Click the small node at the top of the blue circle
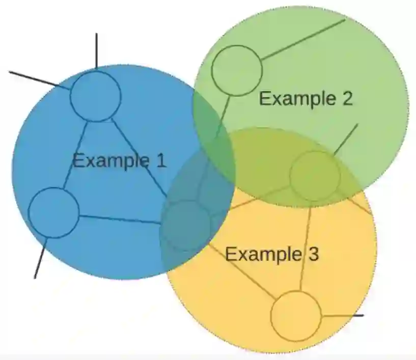point(95,96)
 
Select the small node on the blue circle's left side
point(53,212)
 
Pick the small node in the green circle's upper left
point(237,70)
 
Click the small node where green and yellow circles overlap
point(315,176)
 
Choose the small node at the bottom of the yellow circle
point(295,316)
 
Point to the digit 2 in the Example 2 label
point(346,98)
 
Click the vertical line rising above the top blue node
point(96,51)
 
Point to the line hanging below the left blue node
point(41,258)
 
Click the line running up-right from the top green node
point(303,39)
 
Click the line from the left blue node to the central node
point(120,219)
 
